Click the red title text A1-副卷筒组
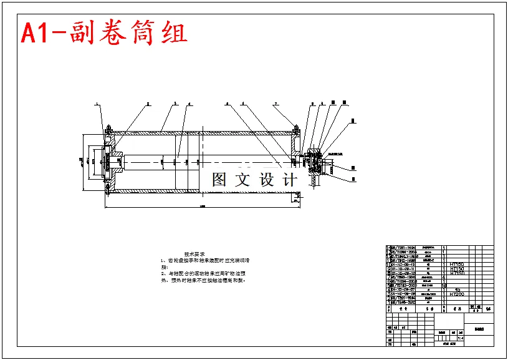pyautogui.click(x=104, y=33)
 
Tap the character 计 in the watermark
pyautogui.click(x=289, y=180)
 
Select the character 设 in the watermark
pyautogui.click(x=267, y=180)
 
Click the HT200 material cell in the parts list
pyautogui.click(x=457, y=294)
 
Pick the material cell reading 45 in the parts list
pyautogui.click(x=457, y=289)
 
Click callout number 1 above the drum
pyautogui.click(x=97, y=104)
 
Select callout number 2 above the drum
pyautogui.click(x=148, y=104)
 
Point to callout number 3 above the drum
pyautogui.click(x=175, y=104)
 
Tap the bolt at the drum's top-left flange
pyautogui.click(x=108, y=130)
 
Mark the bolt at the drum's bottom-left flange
pyautogui.click(x=108, y=186)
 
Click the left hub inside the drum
pyautogui.click(x=115, y=160)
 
